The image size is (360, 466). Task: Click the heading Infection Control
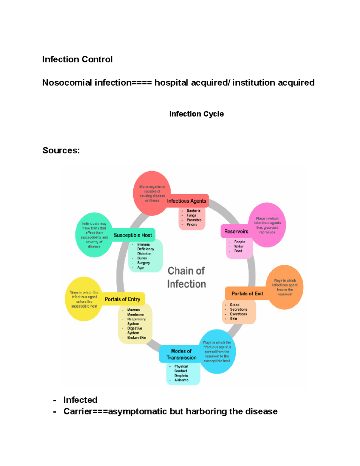tap(77, 59)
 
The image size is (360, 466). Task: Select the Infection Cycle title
tap(196, 114)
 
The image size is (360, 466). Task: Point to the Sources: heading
tap(61, 150)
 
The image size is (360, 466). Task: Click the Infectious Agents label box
tap(187, 201)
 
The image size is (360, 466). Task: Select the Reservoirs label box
tap(236, 231)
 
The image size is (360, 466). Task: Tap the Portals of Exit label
tap(247, 293)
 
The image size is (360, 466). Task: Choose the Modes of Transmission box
tap(181, 354)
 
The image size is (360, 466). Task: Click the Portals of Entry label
tap(122, 299)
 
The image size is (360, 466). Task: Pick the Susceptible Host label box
tap(133, 235)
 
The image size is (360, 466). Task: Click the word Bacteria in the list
tap(193, 211)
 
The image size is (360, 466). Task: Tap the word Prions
tap(192, 224)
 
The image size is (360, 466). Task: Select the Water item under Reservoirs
tap(239, 246)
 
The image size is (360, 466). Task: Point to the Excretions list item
tap(238, 314)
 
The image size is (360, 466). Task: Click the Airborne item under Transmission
tap(181, 380)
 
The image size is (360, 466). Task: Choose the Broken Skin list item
tap(137, 338)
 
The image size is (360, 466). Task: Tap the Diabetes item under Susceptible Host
tap(144, 254)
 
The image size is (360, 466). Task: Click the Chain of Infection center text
tap(186, 278)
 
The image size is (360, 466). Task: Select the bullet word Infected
tap(80, 400)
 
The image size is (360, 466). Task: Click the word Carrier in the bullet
tap(78, 411)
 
